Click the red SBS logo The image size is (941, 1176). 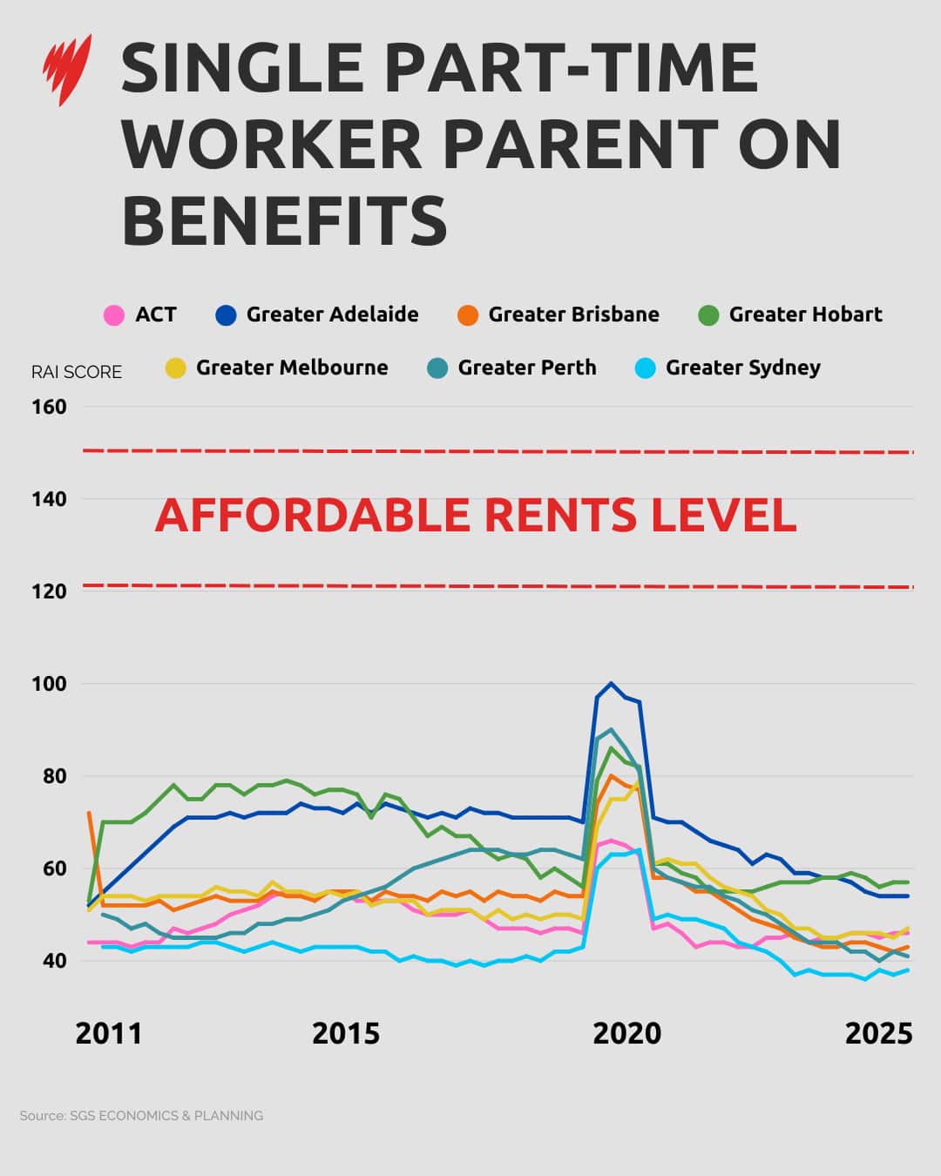click(x=67, y=70)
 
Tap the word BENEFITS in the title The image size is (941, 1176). click(x=284, y=220)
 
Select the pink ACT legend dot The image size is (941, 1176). click(x=114, y=315)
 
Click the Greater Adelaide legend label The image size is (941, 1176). click(x=332, y=314)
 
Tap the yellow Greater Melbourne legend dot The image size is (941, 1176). click(x=176, y=368)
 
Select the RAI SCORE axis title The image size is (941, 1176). click(x=77, y=372)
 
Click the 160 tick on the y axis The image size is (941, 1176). click(x=49, y=407)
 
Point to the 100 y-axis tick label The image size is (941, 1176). click(x=49, y=684)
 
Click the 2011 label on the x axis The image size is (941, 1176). click(x=108, y=1033)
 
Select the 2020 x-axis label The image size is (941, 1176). click(x=626, y=1033)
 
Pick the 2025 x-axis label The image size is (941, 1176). click(x=878, y=1033)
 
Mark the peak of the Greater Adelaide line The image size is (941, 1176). click(x=611, y=683)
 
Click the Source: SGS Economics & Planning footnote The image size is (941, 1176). click(x=141, y=1116)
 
